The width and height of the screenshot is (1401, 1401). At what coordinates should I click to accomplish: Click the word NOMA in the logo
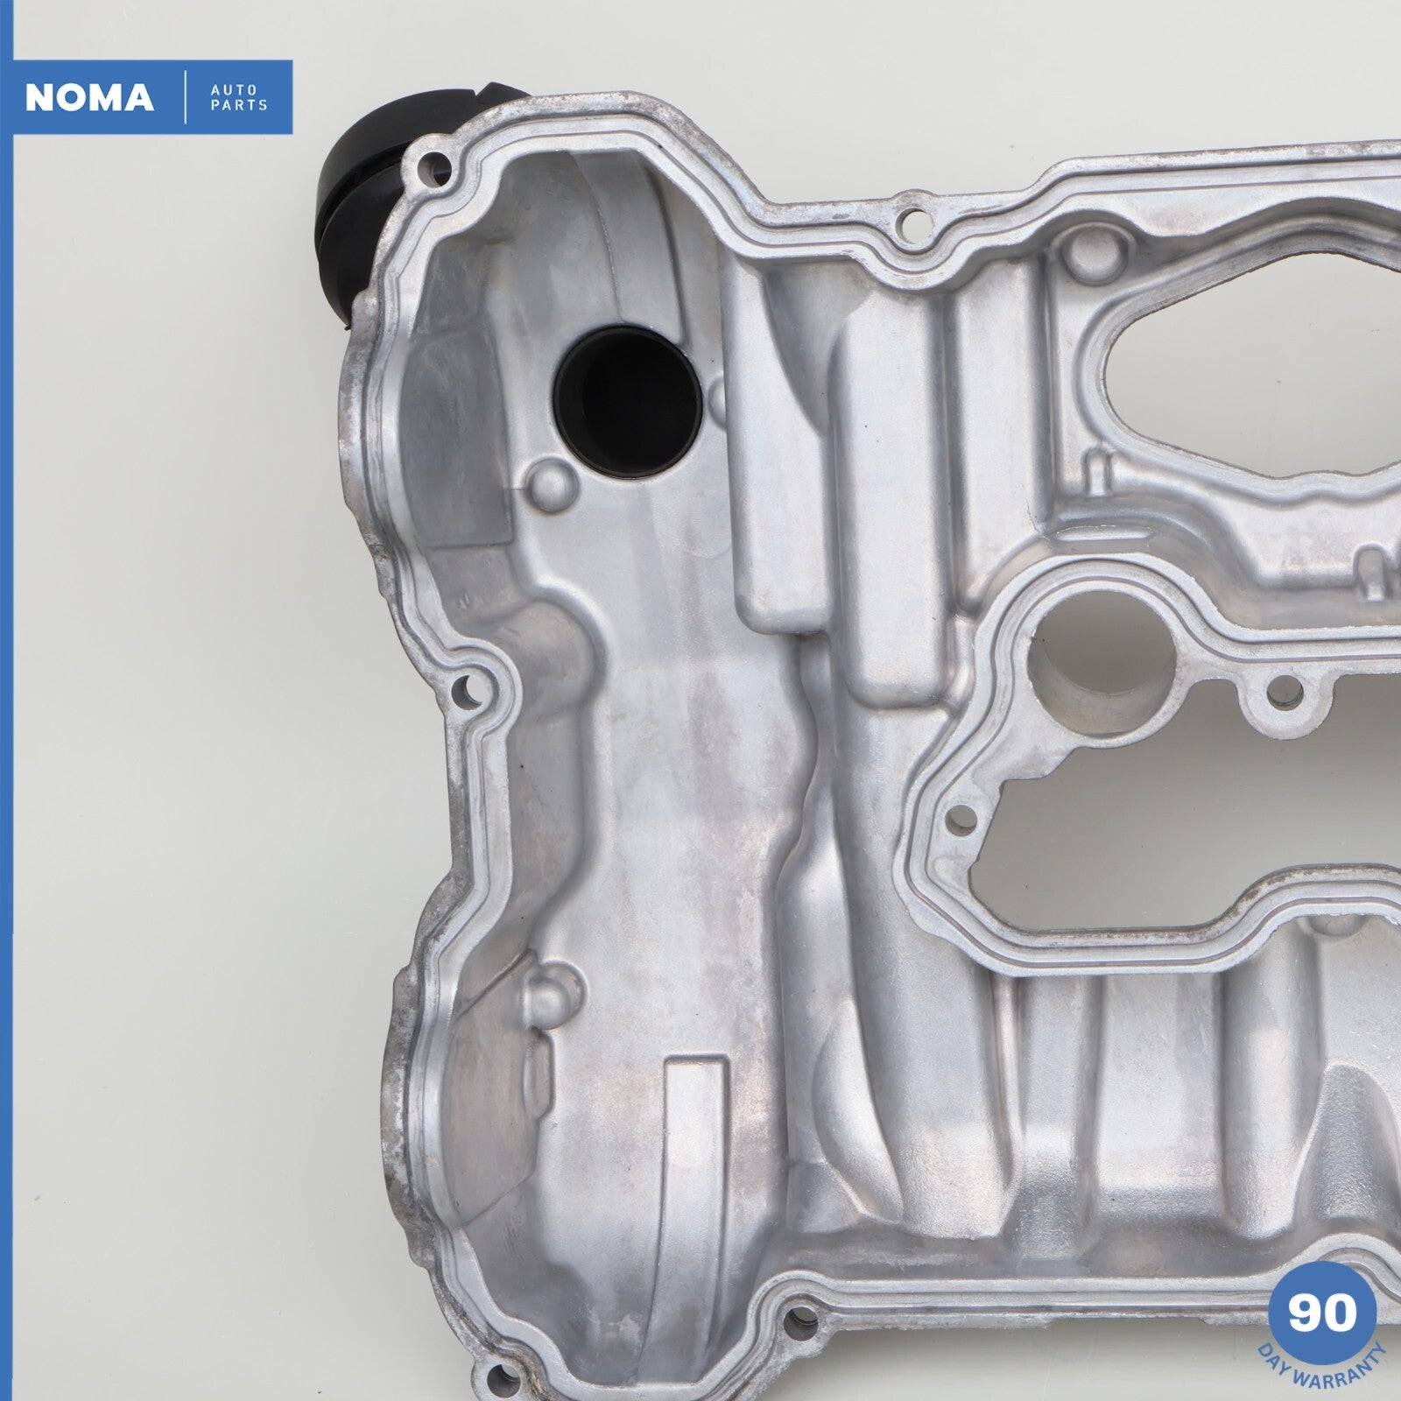[x=90, y=99]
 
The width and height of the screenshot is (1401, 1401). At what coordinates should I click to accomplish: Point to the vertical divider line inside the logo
[x=186, y=99]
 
